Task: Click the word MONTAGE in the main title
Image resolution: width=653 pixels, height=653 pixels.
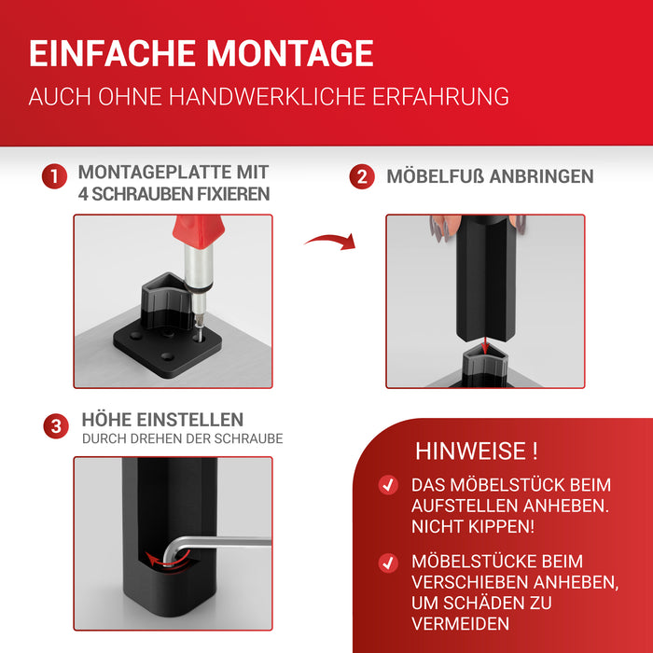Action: tap(289, 53)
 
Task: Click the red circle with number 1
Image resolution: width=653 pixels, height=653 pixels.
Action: tap(55, 176)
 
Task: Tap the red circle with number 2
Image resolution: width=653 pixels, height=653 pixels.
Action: tap(362, 176)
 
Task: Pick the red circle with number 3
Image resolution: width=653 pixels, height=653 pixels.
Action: tap(55, 427)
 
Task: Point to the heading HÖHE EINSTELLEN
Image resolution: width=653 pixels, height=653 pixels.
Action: tap(162, 420)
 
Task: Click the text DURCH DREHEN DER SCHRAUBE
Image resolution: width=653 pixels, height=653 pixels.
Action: tap(182, 438)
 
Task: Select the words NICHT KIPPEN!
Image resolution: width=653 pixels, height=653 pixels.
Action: tap(473, 526)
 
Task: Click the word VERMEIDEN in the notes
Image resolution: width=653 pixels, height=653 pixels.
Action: tap(462, 623)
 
